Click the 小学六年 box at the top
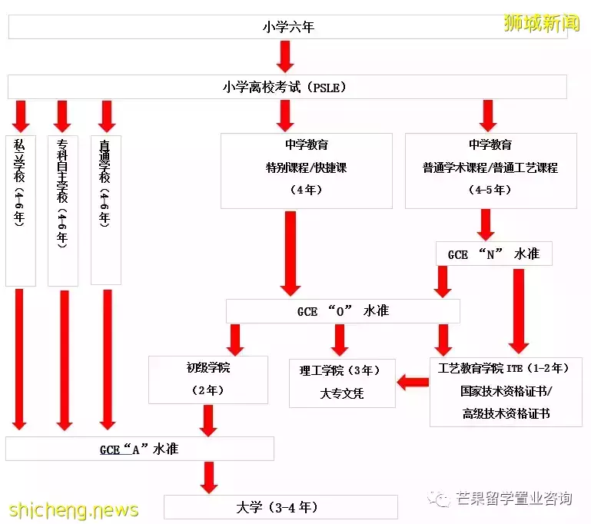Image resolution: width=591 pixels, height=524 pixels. tap(288, 27)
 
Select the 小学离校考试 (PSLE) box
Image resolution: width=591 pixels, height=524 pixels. tap(287, 87)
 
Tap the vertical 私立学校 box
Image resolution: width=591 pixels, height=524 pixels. tap(21, 211)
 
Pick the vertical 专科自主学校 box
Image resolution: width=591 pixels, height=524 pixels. tap(63, 211)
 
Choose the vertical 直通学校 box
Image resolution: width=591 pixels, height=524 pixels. tap(106, 210)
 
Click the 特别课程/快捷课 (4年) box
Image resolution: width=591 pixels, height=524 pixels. tap(307, 171)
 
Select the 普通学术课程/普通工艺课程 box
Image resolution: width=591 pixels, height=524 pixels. tap(491, 171)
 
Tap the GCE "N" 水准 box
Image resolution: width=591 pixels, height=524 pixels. tap(493, 254)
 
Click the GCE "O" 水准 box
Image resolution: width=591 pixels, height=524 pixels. tap(343, 311)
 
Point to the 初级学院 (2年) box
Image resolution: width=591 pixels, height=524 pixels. tap(208, 380)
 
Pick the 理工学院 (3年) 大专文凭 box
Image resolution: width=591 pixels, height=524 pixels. tap(342, 383)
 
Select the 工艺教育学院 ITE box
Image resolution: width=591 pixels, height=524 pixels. tap(506, 392)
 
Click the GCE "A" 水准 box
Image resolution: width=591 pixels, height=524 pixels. tap(139, 449)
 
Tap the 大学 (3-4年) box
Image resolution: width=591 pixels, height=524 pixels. tap(281, 507)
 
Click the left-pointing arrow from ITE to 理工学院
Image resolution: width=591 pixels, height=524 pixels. tap(413, 383)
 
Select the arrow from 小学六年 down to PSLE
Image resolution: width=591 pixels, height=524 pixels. tap(285, 57)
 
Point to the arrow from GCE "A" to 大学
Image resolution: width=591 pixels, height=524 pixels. tap(209, 478)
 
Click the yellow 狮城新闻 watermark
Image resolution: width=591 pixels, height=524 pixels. tap(542, 23)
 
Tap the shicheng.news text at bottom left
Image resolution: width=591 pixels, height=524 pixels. tap(74, 510)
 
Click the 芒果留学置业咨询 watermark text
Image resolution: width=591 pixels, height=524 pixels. tap(513, 499)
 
